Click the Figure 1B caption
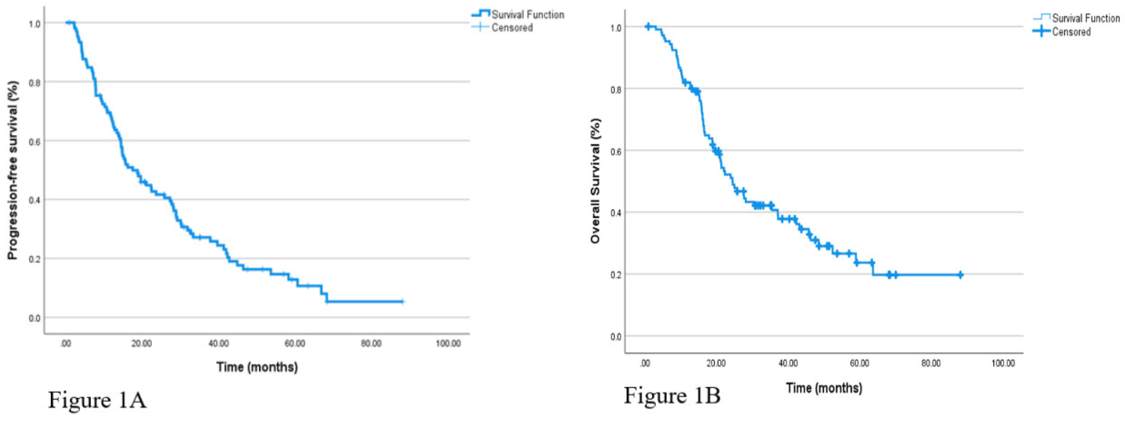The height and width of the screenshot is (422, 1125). coord(672,396)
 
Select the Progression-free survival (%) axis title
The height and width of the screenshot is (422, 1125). coord(13,170)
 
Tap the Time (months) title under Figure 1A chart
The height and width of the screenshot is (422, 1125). coord(257,367)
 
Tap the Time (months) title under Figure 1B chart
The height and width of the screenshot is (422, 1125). coord(824,388)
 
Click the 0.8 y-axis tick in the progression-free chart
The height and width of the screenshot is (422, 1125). coord(35,82)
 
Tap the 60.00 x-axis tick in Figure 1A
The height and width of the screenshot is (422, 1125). coord(295,344)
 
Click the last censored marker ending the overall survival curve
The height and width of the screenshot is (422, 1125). coord(960,275)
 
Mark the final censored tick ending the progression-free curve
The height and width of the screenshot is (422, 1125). coord(402,302)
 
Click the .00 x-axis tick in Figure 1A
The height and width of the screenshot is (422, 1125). coord(66,344)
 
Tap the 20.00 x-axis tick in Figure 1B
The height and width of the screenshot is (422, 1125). coord(716,363)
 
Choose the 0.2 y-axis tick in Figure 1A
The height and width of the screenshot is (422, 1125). coord(35,259)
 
